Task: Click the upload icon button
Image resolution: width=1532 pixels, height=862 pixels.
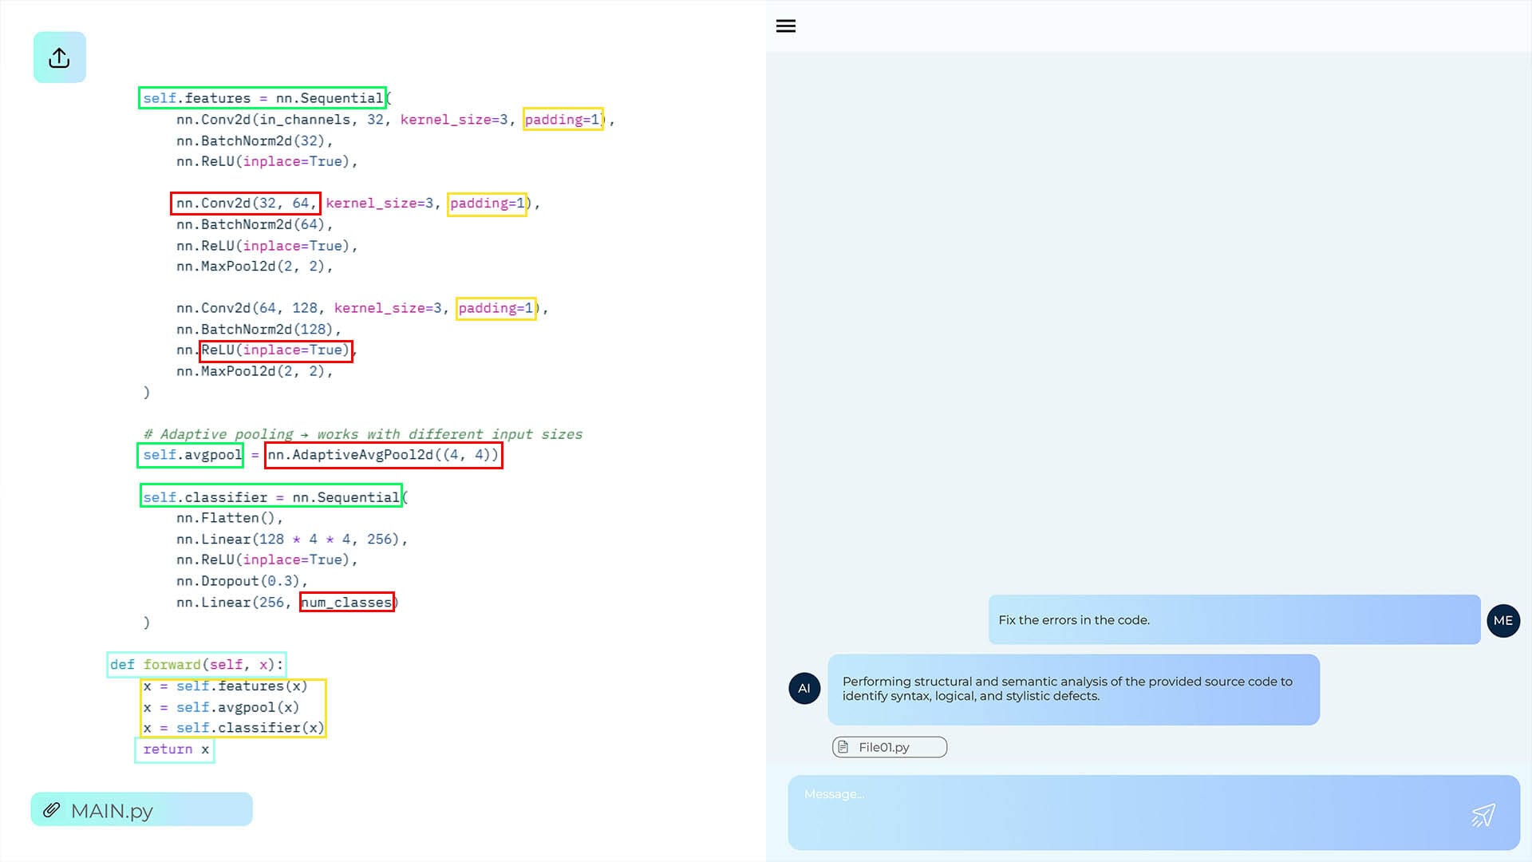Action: [x=59, y=57]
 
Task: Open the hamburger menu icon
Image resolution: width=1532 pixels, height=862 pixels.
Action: [x=786, y=26]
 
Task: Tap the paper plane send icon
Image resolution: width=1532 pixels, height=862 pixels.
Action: [x=1483, y=815]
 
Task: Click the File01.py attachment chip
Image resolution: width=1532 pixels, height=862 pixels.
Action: [x=890, y=747]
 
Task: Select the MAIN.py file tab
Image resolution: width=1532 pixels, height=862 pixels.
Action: [x=142, y=810]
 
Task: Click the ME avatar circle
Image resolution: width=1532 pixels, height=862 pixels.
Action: [x=1503, y=621]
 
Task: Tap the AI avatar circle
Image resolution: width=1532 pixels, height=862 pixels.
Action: [x=804, y=688]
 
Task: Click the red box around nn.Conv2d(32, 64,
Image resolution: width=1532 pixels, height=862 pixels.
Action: [x=246, y=204]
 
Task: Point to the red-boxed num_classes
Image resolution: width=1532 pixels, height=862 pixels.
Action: [x=347, y=602]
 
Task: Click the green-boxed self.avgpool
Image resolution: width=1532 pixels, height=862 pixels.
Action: [x=191, y=455]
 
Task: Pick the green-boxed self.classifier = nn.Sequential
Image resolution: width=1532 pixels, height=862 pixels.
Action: [x=271, y=496]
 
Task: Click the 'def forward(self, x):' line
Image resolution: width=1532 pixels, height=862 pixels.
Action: [x=196, y=665]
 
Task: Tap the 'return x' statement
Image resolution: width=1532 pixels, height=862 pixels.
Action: [x=175, y=749]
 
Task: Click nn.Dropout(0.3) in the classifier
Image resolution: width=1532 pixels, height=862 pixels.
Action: [x=242, y=581]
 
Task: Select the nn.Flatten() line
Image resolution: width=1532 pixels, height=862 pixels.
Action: [x=230, y=518]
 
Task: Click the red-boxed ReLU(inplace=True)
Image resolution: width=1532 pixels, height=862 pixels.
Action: [x=276, y=350]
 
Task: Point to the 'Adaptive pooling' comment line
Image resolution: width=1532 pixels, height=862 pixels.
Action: [x=363, y=434]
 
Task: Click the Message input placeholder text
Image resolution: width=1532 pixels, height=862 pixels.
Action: [x=834, y=794]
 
